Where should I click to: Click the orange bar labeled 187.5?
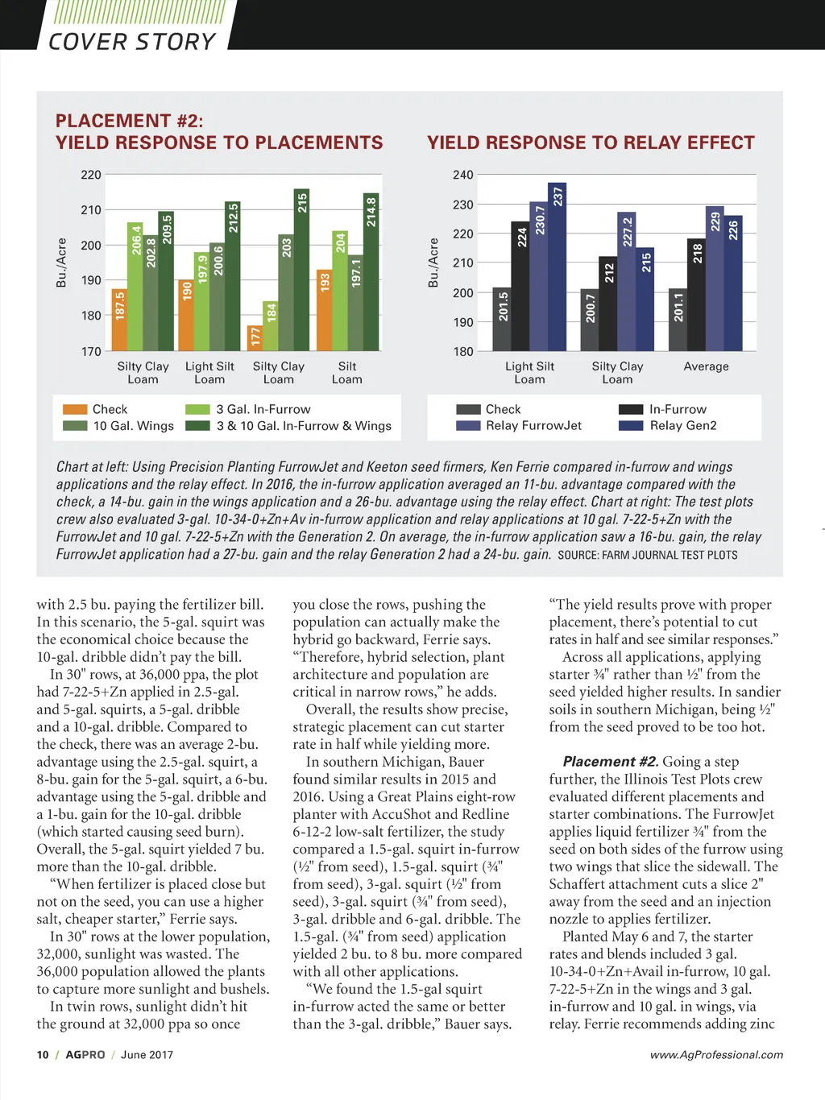click(x=119, y=320)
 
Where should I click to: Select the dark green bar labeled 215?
click(x=302, y=270)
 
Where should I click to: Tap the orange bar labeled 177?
click(x=255, y=338)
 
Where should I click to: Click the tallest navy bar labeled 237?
click(x=557, y=267)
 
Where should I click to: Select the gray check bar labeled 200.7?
click(x=590, y=320)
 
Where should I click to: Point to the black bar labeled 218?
click(x=697, y=295)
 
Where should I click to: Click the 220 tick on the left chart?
click(x=91, y=175)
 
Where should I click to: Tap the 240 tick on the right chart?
click(x=463, y=175)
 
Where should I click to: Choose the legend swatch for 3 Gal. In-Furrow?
click(x=197, y=409)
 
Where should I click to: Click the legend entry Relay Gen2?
click(x=682, y=425)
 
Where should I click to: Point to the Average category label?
click(x=706, y=366)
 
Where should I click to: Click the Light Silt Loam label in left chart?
click(x=209, y=373)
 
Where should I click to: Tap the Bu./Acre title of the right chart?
click(x=433, y=263)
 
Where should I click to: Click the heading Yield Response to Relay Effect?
click(x=591, y=143)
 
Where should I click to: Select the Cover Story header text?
click(x=132, y=42)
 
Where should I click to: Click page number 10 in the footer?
click(x=43, y=1055)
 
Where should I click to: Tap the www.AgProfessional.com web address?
click(x=716, y=1055)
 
